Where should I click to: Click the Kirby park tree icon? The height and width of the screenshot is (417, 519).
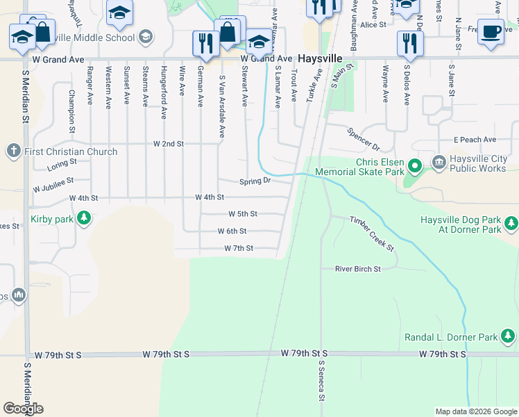tap(84, 218)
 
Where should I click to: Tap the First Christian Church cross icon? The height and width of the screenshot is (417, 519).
tap(13, 151)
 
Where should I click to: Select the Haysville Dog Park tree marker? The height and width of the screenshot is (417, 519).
tap(511, 224)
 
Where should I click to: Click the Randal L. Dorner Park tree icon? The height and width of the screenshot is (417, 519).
tap(508, 337)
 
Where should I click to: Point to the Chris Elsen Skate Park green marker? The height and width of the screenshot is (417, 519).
tap(415, 165)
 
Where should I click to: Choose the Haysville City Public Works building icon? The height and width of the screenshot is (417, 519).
tap(439, 163)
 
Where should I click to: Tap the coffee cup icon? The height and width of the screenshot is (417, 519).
tap(491, 32)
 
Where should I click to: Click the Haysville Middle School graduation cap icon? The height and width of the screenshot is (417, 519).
tap(145, 36)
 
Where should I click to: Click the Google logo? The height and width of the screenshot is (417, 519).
tap(23, 409)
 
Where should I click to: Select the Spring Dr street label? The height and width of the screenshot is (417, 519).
tap(254, 181)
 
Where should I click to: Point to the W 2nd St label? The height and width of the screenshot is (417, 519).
tap(168, 144)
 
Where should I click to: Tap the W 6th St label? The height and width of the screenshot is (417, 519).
tap(232, 231)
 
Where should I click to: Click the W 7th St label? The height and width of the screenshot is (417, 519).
tap(238, 248)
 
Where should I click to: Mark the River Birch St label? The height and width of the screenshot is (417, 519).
tap(357, 268)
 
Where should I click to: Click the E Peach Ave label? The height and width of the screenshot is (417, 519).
tap(475, 140)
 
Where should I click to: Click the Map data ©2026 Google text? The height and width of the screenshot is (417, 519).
tap(475, 411)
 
